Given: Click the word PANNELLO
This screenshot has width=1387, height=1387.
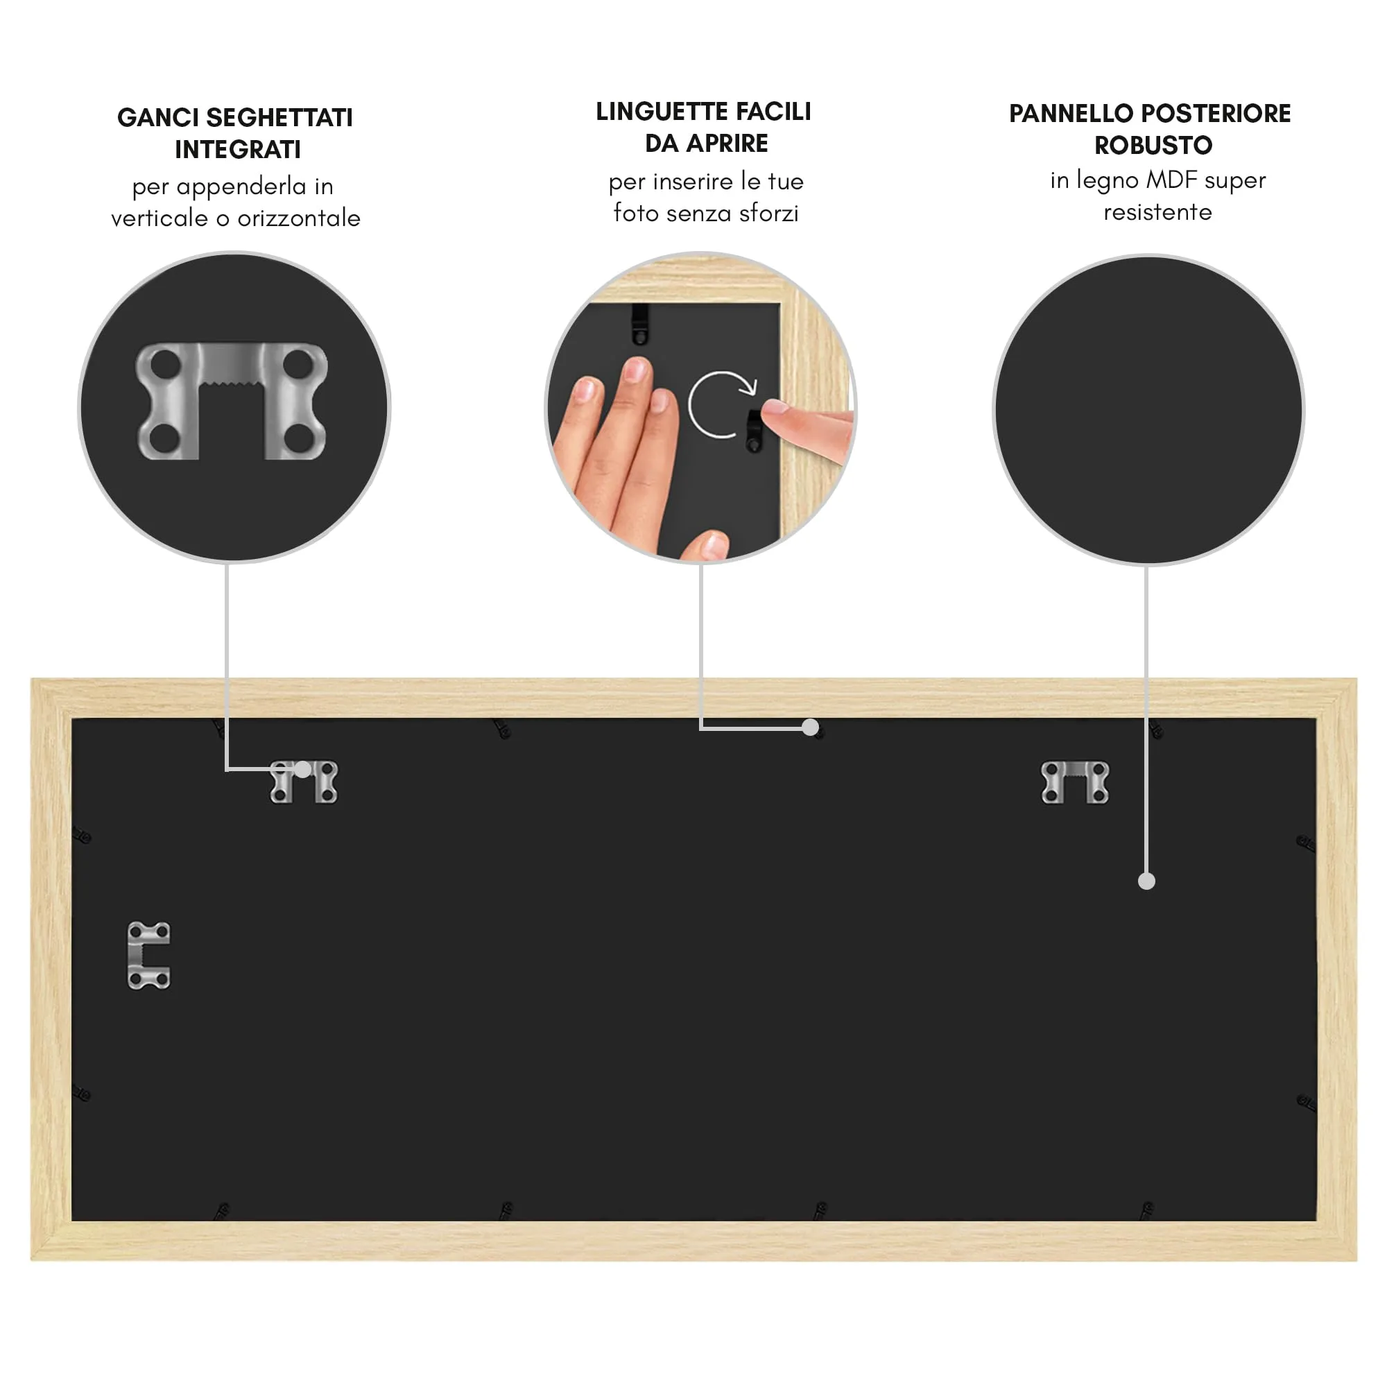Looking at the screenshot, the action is coord(1071,114).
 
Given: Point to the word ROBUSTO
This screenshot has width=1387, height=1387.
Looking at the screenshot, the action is coord(1153,146).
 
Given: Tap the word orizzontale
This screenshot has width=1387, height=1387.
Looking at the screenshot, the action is coord(299,218).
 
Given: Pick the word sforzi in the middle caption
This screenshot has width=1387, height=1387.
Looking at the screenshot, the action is coord(769,213).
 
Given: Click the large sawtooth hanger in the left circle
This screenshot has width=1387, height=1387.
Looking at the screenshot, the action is coord(232,401).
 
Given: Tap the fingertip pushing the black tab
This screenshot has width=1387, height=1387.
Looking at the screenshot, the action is coord(777,411).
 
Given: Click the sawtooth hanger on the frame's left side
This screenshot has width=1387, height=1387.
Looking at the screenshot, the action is coord(148,956).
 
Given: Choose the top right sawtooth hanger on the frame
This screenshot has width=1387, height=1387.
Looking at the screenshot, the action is coord(1075,782).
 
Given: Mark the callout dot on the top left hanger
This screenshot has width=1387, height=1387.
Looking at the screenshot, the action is coord(303,770).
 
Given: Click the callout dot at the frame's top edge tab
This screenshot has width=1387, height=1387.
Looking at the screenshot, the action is coord(811,727).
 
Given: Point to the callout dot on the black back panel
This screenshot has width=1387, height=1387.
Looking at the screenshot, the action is coord(1146,881).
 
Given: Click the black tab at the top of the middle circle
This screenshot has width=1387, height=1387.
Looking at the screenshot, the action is coord(639,323).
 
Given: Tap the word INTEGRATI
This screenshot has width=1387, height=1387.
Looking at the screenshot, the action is coord(238,149).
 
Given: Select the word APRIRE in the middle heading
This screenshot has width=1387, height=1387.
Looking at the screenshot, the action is coord(727,144).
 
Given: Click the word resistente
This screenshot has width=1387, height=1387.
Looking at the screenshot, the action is coord(1157,212).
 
